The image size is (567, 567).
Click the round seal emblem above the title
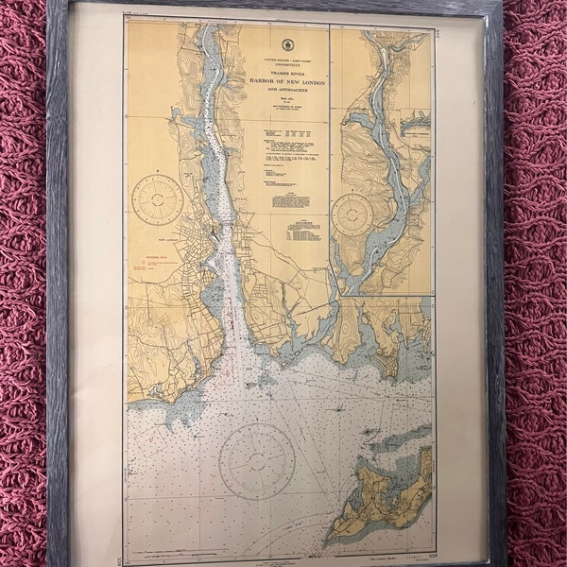(287, 45)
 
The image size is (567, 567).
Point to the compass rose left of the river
(158, 199)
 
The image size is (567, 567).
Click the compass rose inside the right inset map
(352, 215)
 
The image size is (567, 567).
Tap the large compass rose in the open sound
(257, 461)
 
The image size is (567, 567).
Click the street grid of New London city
(200, 255)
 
